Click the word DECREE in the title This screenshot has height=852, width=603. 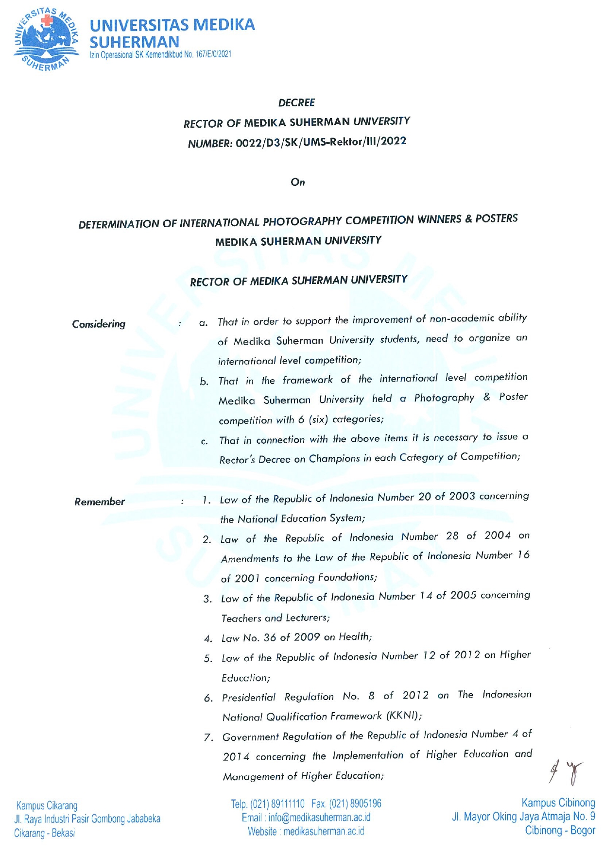[296, 102]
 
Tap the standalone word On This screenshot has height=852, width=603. [298, 183]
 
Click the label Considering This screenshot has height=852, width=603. [99, 324]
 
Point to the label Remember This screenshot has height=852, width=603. [100, 502]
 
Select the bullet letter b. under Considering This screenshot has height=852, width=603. [205, 382]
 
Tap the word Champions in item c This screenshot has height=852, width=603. [334, 459]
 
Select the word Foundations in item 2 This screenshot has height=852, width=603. [347, 577]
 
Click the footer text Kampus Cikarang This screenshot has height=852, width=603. [47, 806]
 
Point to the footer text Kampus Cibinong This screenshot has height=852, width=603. [558, 803]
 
